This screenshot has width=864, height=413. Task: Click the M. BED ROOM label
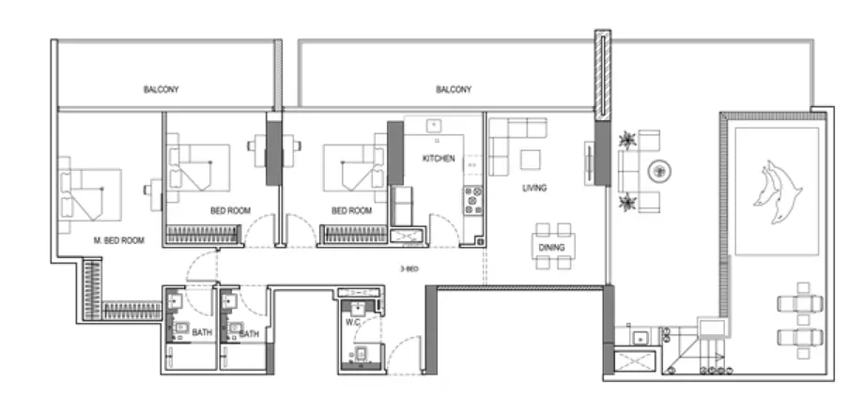pos(119,240)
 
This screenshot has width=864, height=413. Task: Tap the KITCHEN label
pos(439,159)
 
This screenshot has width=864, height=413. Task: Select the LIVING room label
pos(534,188)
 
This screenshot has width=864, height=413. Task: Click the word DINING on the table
pos(551,247)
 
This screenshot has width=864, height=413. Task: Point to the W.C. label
pos(353,322)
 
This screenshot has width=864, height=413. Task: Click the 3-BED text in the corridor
pos(409,269)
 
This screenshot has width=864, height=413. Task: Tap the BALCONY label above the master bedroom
pos(161,89)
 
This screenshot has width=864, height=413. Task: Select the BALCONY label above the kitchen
pos(454,89)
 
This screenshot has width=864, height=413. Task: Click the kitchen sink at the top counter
pos(434,125)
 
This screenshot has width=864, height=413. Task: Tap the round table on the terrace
pos(659,172)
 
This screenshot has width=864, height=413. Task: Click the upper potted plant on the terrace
pos(627,140)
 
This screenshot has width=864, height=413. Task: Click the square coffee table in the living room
pos(531,160)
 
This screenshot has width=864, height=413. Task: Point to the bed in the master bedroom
pos(89,194)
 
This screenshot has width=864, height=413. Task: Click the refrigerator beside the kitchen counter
pos(401,206)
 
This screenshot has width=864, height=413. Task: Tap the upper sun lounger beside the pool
pos(800,303)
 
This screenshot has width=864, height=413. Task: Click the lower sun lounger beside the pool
pos(800,337)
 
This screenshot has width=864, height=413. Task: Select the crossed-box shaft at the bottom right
pos(635,361)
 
